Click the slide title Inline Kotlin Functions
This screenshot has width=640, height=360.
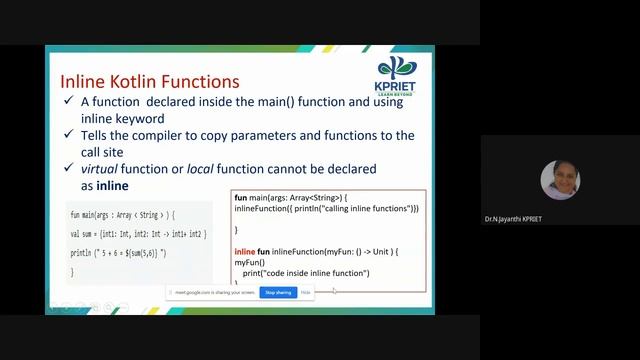pyautogui.click(x=149, y=80)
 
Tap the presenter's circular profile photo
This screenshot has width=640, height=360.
pyautogui.click(x=560, y=180)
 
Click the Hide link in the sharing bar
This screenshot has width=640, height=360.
pyautogui.click(x=305, y=293)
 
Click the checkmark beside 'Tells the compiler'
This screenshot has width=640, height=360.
pyautogui.click(x=67, y=135)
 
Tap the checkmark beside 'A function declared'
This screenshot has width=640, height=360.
pyautogui.click(x=67, y=102)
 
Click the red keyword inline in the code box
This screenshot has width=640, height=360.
pyautogui.click(x=244, y=250)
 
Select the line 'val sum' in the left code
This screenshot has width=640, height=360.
pyautogui.click(x=138, y=233)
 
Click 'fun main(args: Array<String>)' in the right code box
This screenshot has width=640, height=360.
pyautogui.click(x=290, y=197)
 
